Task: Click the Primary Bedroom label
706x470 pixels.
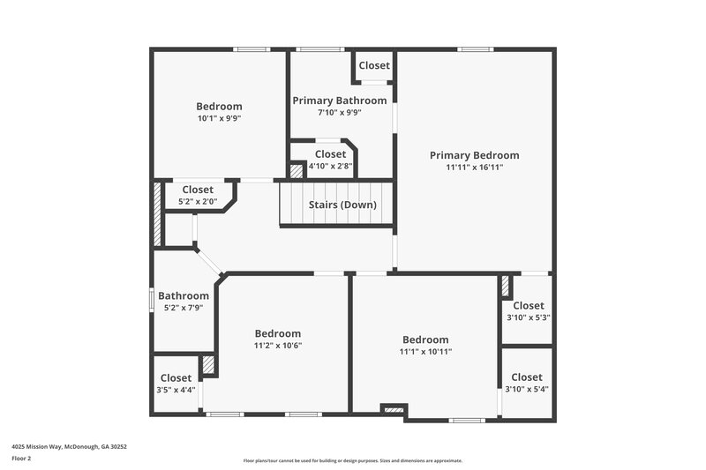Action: pyautogui.click(x=474, y=155)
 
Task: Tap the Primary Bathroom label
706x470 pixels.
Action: pyautogui.click(x=339, y=101)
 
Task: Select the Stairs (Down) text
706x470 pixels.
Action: pyautogui.click(x=342, y=205)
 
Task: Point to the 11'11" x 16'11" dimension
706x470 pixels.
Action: pyautogui.click(x=474, y=167)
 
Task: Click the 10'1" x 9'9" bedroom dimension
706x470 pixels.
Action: pyautogui.click(x=219, y=118)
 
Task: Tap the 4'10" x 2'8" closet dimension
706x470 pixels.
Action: pyautogui.click(x=330, y=166)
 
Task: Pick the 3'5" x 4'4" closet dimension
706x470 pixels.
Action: pyautogui.click(x=176, y=390)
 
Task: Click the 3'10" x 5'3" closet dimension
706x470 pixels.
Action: pyautogui.click(x=528, y=317)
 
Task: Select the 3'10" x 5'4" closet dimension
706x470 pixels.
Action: pyautogui.click(x=527, y=390)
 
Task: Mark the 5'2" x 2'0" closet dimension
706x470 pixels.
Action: pyautogui.click(x=198, y=201)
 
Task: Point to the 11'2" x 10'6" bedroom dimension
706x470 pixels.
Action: pyautogui.click(x=278, y=345)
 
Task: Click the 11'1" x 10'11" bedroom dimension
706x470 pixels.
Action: pyautogui.click(x=425, y=351)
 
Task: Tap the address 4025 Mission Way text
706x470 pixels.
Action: pyautogui.click(x=70, y=446)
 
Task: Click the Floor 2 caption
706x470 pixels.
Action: pyautogui.click(x=22, y=459)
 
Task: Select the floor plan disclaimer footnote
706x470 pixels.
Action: pyautogui.click(x=352, y=460)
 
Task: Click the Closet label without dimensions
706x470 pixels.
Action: pyautogui.click(x=374, y=66)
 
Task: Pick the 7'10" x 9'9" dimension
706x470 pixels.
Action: pyautogui.click(x=339, y=112)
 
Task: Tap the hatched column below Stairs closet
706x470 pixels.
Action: pyautogui.click(x=297, y=172)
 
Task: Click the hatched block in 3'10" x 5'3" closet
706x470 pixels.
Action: pyautogui.click(x=506, y=287)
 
